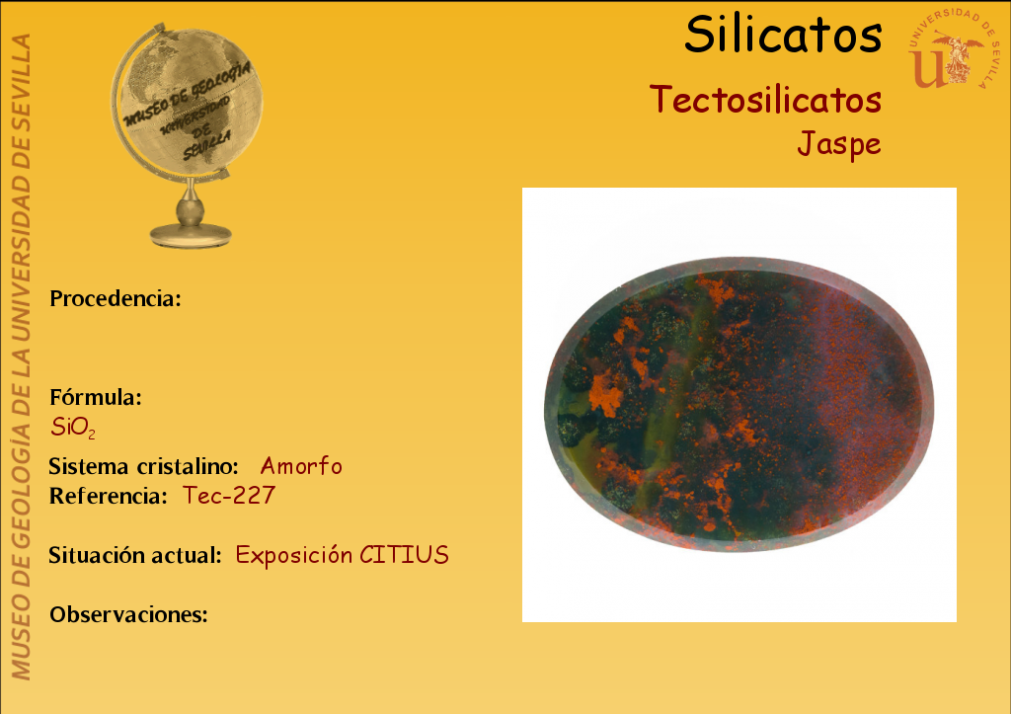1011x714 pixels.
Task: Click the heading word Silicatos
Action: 783,35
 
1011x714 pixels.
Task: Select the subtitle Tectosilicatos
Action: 765,100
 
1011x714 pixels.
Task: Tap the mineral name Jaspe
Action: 839,144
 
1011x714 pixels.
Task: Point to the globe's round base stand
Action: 191,235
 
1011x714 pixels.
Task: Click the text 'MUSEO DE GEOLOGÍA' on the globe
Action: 187,94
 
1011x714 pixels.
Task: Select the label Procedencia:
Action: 116,298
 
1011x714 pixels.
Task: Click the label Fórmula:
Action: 96,397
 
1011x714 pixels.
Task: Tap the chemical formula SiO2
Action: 73,428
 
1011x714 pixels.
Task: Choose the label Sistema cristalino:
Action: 144,466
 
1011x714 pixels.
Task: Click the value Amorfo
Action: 301,466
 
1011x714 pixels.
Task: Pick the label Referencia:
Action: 109,496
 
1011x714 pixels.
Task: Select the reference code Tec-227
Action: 229,496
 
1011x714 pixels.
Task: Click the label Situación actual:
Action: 135,555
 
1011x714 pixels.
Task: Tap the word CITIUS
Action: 404,555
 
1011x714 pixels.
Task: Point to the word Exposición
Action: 294,556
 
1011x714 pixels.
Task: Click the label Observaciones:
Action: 129,614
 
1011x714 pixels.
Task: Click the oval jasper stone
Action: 739,405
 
